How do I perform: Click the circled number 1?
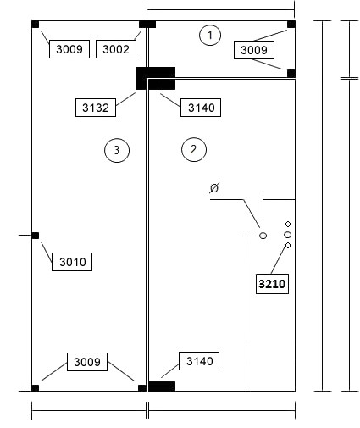(210, 35)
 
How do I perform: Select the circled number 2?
(194, 149)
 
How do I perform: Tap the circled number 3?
(117, 150)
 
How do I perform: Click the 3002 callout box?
(116, 49)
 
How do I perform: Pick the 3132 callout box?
(96, 108)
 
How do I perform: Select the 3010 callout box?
(72, 262)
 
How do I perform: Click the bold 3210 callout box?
(272, 284)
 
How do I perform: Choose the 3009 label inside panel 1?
(254, 50)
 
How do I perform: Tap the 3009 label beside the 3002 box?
(69, 49)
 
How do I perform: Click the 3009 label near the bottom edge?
(87, 362)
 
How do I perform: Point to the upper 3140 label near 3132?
(201, 108)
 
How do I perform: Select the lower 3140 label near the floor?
(199, 361)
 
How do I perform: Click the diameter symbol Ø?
(214, 188)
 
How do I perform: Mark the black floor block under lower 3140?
(162, 386)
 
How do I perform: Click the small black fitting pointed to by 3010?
(35, 236)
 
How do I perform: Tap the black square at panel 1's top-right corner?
(291, 25)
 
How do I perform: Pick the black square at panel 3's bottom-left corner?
(35, 388)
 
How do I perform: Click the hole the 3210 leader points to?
(288, 246)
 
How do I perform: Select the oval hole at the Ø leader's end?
(263, 236)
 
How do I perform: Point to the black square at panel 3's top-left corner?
(35, 25)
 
